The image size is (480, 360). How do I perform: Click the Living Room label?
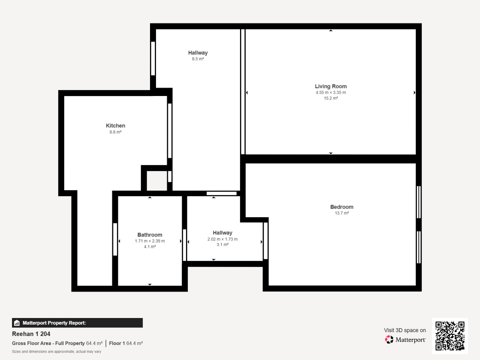tap(331, 86)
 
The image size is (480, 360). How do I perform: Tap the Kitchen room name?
tap(115, 126)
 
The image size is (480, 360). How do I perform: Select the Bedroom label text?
tap(342, 207)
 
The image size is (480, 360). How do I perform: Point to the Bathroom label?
tap(150, 235)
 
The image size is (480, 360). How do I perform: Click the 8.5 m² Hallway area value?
tap(198, 59)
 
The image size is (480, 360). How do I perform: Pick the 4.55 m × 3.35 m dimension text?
tap(331, 93)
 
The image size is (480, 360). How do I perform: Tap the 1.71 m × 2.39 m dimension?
tap(150, 241)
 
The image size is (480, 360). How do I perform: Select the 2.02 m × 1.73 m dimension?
tap(222, 239)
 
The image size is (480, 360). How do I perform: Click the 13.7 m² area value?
tap(342, 213)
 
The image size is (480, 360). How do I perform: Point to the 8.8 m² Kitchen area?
tap(115, 132)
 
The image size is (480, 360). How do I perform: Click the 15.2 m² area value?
tap(331, 98)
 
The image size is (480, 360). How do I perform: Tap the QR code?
tap(450, 336)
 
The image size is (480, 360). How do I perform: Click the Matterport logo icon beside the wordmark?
tap(389, 339)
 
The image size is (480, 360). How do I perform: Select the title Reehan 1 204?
tap(31, 334)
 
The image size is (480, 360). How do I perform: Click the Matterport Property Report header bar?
tap(77, 323)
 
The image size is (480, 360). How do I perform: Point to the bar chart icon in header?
tap(17, 323)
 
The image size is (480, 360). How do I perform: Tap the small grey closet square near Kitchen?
tap(157, 181)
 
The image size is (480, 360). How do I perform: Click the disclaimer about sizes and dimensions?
tap(56, 352)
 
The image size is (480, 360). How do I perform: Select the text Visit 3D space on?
tap(405, 330)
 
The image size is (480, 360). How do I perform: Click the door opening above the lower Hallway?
tap(222, 193)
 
